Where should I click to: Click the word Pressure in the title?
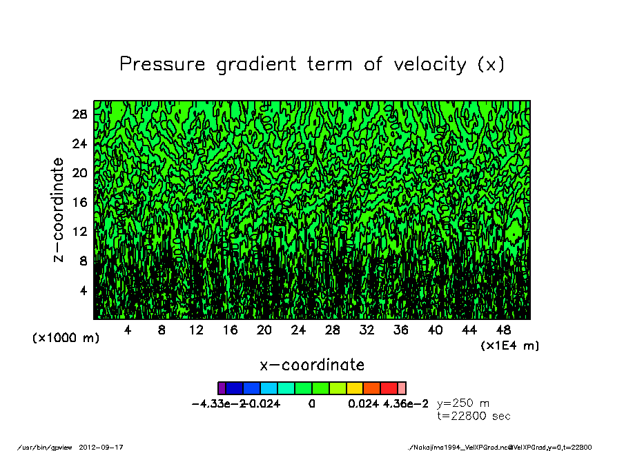click(162, 64)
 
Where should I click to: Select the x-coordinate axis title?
click(312, 364)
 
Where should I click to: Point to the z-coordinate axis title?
click(59, 210)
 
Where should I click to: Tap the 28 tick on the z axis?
click(79, 114)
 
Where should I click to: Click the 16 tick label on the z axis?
click(79, 202)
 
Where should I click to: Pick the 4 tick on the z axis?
click(84, 290)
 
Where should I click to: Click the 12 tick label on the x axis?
click(196, 330)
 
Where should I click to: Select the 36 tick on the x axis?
click(401, 330)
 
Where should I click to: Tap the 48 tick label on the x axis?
click(504, 330)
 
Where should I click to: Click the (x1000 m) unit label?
click(66, 339)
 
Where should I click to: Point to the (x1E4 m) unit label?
click(510, 345)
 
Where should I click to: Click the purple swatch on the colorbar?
click(222, 388)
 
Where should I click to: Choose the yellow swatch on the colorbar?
click(355, 388)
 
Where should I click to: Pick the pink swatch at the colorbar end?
click(402, 388)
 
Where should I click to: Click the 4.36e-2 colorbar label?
click(407, 404)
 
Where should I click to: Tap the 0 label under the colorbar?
click(312, 404)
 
